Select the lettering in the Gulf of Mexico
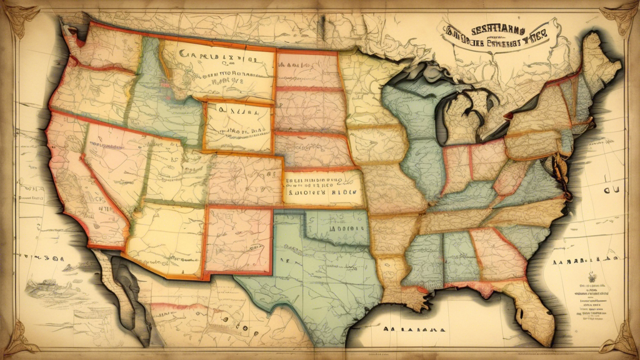pos(407,327)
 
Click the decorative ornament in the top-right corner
pos(622,17)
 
